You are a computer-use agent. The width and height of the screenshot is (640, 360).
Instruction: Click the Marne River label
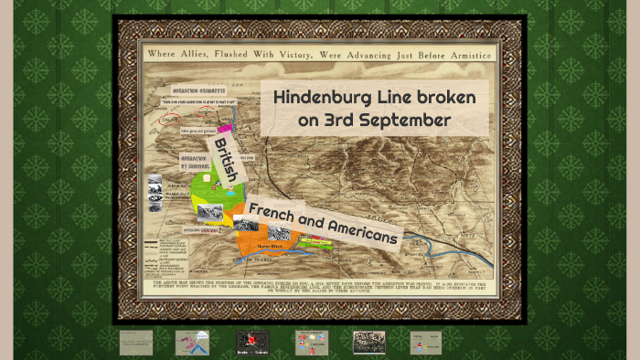tap(272, 246)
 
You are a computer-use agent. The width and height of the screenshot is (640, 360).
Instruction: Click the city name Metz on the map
tap(475, 233)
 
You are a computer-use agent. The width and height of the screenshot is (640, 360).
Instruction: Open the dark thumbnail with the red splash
tap(252, 342)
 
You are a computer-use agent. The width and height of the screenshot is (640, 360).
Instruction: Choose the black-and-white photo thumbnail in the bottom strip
tap(369, 342)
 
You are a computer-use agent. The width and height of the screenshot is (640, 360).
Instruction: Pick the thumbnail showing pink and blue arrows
tap(192, 342)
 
